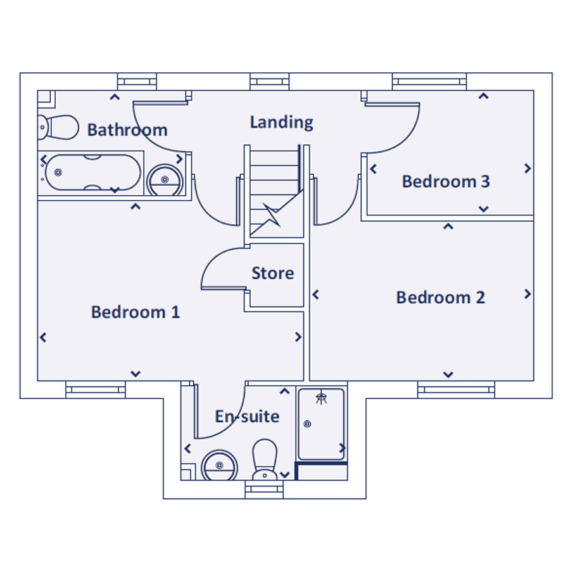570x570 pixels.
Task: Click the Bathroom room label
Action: (127, 130)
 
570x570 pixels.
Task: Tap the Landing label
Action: (281, 122)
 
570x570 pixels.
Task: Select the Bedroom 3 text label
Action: (446, 181)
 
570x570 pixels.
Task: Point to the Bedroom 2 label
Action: (440, 298)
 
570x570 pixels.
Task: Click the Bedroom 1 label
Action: (136, 312)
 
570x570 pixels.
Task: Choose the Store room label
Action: (272, 273)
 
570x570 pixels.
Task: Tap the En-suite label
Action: (247, 416)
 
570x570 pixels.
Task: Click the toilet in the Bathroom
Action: (58, 127)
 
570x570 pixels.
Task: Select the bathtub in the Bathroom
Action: (92, 172)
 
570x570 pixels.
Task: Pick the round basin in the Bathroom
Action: (165, 180)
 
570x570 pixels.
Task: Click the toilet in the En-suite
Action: (265, 460)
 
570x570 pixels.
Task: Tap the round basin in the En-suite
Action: (219, 465)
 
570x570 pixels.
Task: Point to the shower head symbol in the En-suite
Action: (321, 398)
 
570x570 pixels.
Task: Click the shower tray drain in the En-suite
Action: (307, 424)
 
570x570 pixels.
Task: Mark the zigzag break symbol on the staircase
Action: (272, 215)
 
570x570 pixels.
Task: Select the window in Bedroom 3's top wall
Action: (429, 82)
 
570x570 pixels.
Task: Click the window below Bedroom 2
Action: (456, 389)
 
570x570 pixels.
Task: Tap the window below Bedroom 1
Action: (96, 389)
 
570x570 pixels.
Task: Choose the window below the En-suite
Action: (264, 490)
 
